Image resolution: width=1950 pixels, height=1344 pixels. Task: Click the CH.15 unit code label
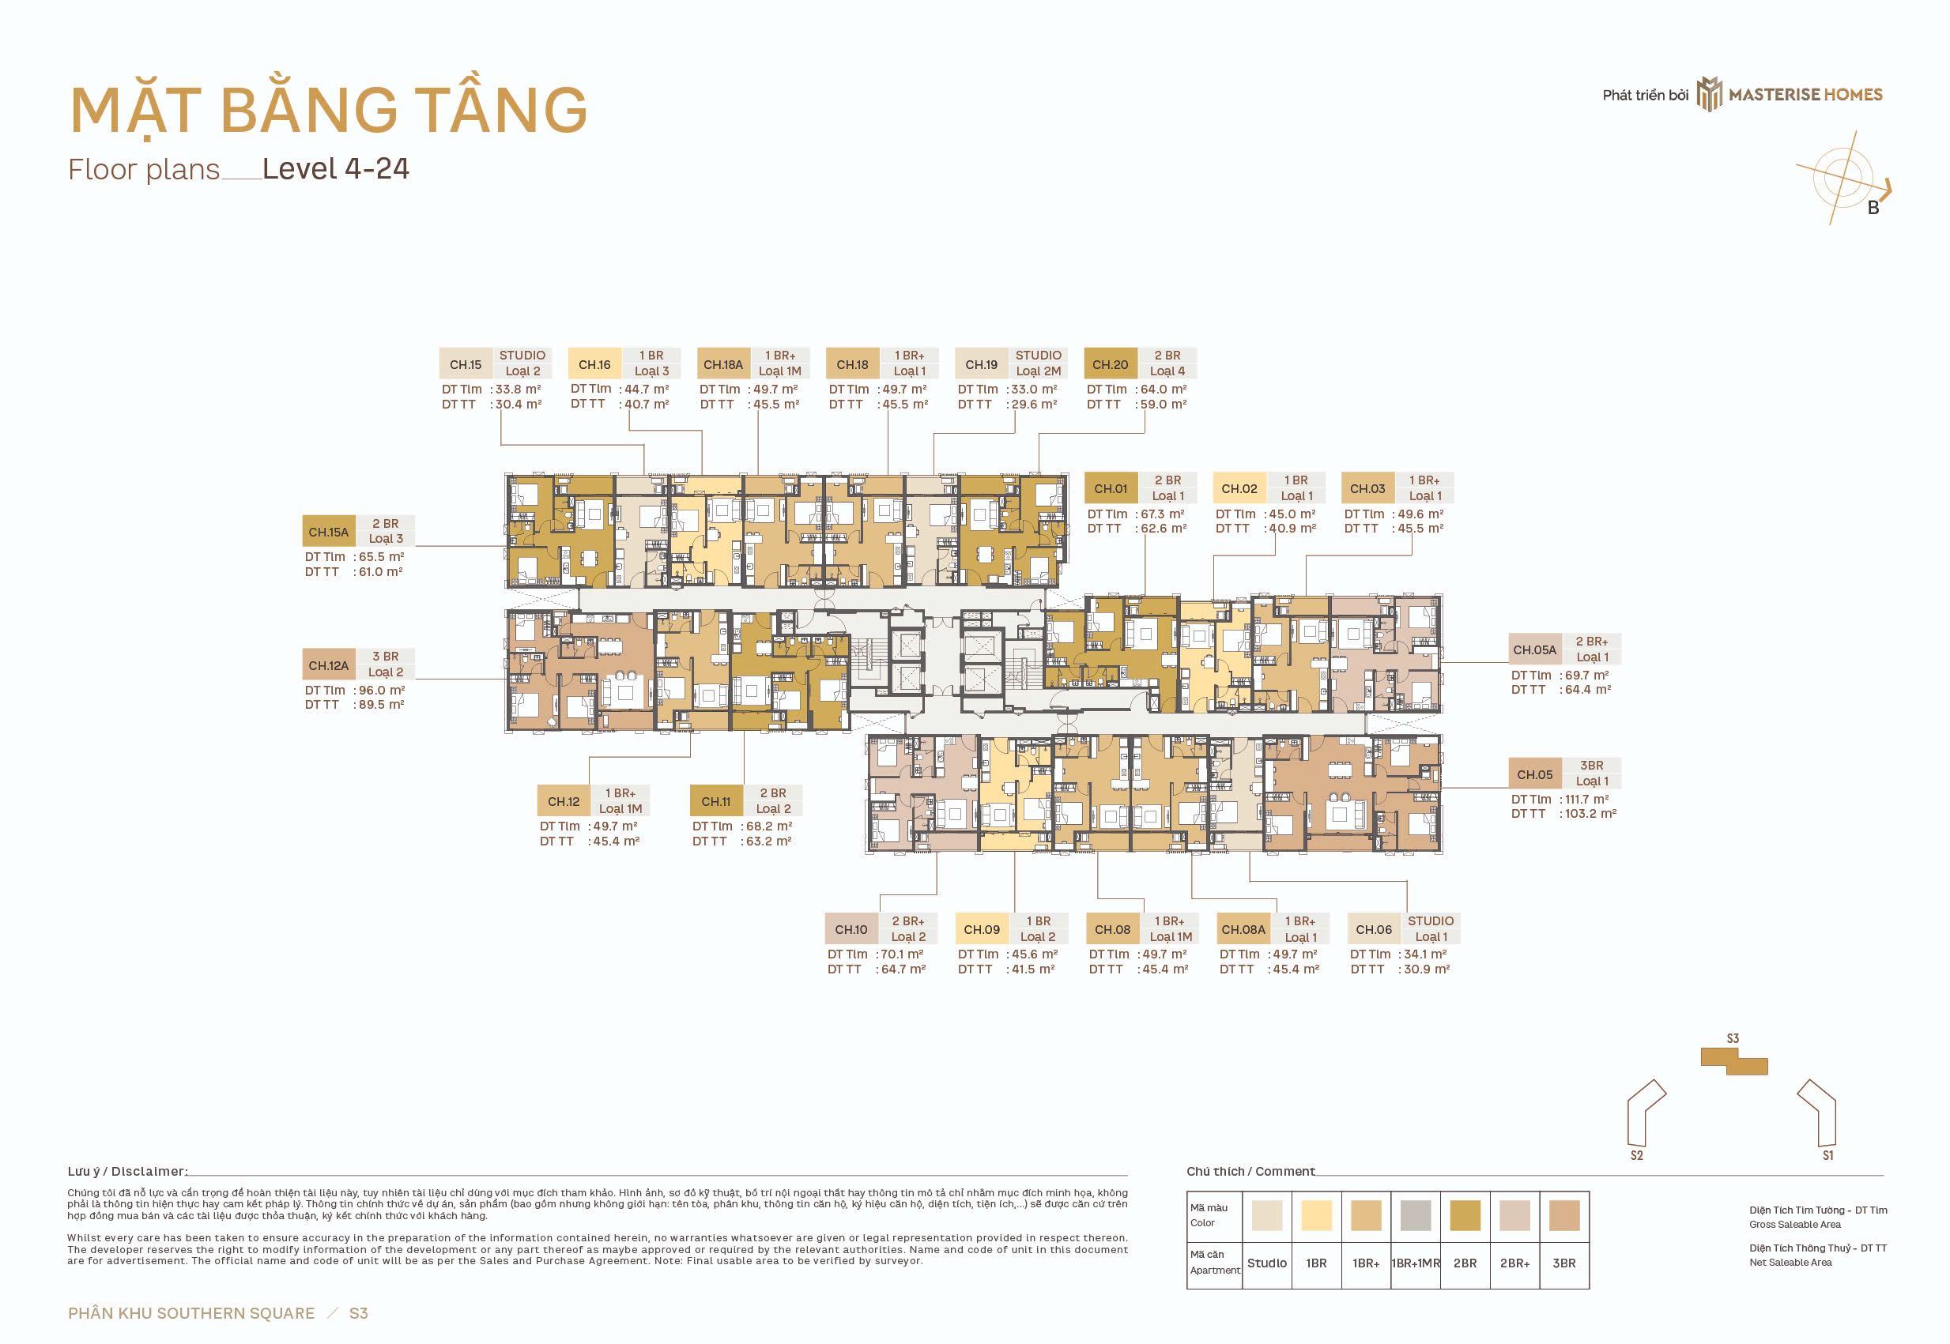click(465, 364)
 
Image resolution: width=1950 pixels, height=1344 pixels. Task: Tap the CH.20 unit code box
click(1111, 364)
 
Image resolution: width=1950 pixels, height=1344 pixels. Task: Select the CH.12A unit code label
click(329, 665)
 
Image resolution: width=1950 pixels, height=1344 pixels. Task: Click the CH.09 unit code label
click(981, 930)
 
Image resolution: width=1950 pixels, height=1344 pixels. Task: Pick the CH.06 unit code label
click(1374, 930)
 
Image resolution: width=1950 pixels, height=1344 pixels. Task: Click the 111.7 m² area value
click(1587, 799)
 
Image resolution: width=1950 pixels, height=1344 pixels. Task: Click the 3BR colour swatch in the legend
click(1564, 1216)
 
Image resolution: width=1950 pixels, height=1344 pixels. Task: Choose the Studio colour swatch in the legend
click(1267, 1216)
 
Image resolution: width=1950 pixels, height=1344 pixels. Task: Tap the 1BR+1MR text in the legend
click(1416, 1263)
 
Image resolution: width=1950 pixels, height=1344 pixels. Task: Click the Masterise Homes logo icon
click(1709, 94)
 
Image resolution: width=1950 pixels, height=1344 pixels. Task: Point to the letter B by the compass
click(1873, 208)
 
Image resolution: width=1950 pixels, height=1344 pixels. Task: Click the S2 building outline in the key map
click(1646, 1113)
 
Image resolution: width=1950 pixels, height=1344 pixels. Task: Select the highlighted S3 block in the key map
click(1733, 1061)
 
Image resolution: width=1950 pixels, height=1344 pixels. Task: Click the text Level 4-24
click(336, 168)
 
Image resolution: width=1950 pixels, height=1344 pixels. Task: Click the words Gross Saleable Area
click(1795, 1225)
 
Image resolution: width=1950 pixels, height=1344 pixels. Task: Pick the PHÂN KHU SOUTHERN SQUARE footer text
click(191, 1313)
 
